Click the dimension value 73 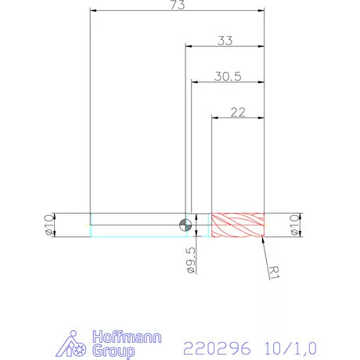(177, 5)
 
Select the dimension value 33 (225, 40)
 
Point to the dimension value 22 (239, 112)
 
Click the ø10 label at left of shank (49, 225)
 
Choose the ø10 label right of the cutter (295, 225)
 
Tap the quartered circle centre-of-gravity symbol (185, 225)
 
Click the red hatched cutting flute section (239, 225)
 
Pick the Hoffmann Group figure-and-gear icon (76, 344)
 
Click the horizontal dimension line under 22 (239, 118)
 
